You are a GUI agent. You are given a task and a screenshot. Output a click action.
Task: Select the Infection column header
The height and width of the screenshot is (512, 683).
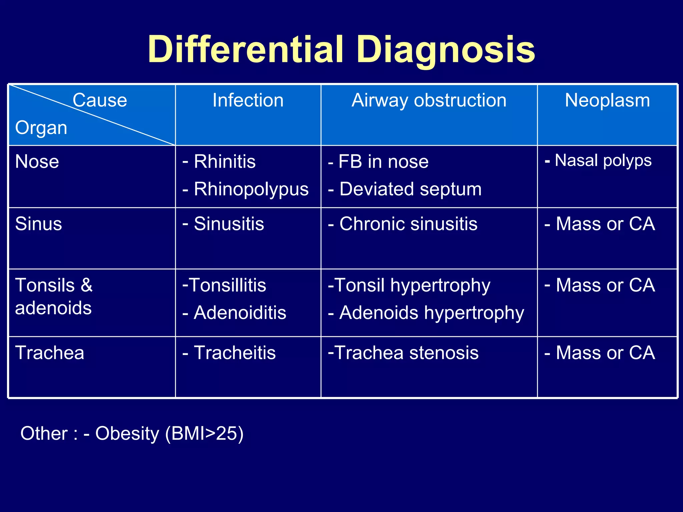(248, 100)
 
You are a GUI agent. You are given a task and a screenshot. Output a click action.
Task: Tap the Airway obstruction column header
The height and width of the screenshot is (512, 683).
(429, 100)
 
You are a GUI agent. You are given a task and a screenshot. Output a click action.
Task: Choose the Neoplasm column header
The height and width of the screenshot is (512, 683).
(607, 100)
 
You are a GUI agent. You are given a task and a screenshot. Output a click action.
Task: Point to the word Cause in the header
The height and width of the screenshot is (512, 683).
(100, 100)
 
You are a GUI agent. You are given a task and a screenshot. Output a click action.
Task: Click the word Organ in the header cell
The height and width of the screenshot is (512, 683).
(41, 128)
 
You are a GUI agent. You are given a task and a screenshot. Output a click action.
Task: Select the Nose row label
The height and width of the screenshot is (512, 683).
(37, 162)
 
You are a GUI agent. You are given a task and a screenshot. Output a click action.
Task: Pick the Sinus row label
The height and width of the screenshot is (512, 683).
(38, 224)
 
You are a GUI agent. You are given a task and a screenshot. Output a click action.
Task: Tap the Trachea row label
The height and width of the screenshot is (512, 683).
(50, 353)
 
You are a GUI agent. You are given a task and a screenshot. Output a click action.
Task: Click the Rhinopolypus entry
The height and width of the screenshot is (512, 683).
(251, 189)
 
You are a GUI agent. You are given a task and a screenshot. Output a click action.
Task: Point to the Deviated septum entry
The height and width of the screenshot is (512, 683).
(410, 189)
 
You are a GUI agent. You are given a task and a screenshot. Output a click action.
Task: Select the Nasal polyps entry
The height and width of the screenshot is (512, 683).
(603, 160)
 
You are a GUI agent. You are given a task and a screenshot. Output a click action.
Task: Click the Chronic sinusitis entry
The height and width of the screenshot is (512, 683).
(408, 224)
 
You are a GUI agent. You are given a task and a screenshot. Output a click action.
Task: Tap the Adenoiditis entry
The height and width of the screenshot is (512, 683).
(240, 313)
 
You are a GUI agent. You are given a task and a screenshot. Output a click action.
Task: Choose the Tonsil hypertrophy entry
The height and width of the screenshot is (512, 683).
(412, 285)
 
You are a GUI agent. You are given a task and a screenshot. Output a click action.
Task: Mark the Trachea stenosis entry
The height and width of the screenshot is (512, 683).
(406, 353)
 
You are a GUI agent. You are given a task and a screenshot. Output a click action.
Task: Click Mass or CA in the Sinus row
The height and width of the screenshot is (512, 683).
(605, 224)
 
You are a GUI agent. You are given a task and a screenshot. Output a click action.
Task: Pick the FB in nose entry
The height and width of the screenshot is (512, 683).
(383, 162)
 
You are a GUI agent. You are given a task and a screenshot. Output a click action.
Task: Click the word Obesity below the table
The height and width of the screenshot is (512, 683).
(127, 433)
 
